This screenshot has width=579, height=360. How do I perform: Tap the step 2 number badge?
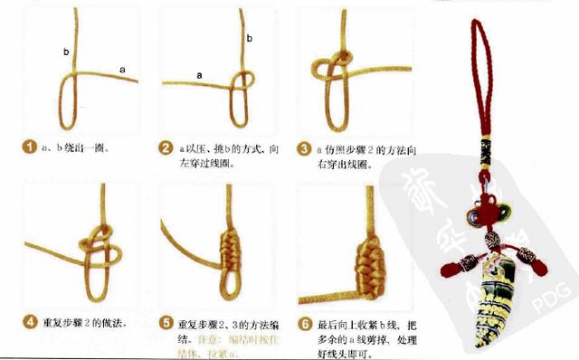(166, 147)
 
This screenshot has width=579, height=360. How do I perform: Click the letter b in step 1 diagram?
(66, 52)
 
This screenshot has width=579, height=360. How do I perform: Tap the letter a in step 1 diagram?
(122, 68)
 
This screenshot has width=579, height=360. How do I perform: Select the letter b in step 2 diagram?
(249, 37)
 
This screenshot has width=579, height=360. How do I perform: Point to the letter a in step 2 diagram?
(199, 75)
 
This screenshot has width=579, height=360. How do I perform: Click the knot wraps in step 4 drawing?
(98, 242)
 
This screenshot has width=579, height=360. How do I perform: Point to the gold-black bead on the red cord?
(484, 145)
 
